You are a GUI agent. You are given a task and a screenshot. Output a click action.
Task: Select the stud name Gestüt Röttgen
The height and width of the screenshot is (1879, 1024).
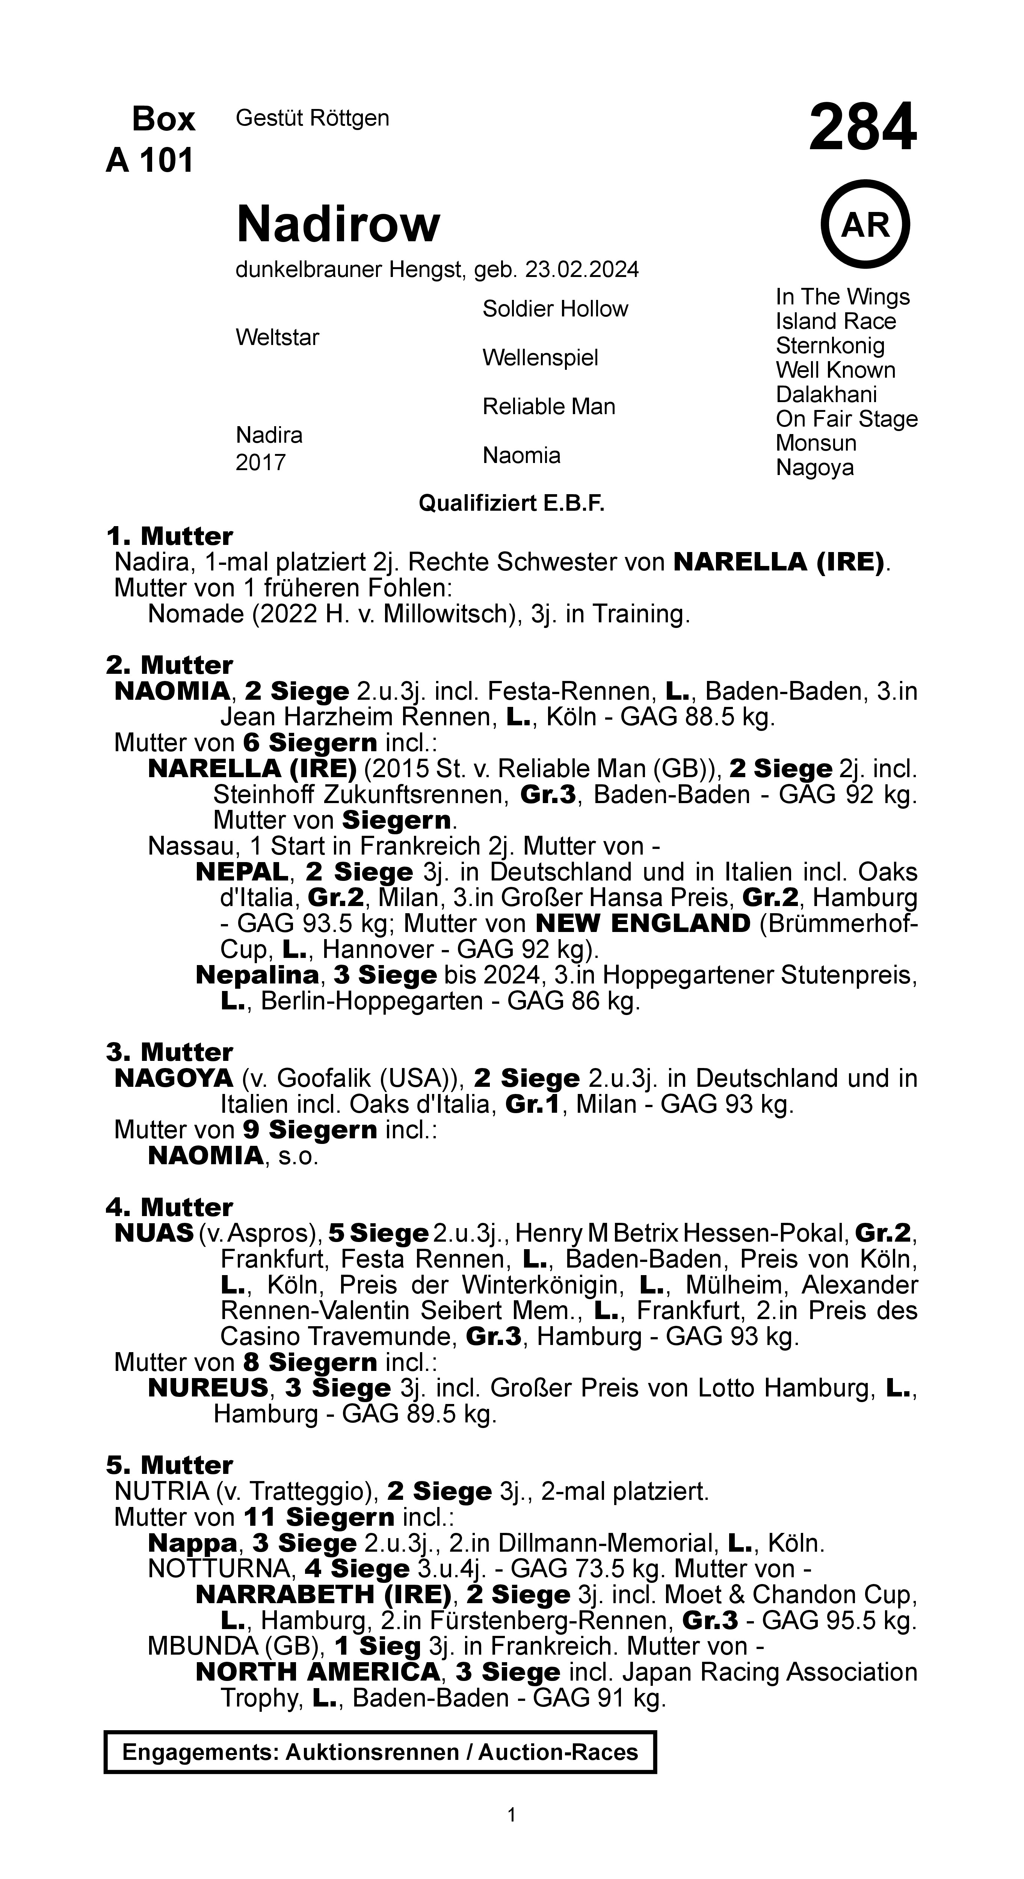(312, 118)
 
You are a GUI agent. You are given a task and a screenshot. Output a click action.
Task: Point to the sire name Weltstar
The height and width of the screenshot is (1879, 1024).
(277, 338)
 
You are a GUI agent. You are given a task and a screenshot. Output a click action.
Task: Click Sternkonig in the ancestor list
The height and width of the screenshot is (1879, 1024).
(830, 346)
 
